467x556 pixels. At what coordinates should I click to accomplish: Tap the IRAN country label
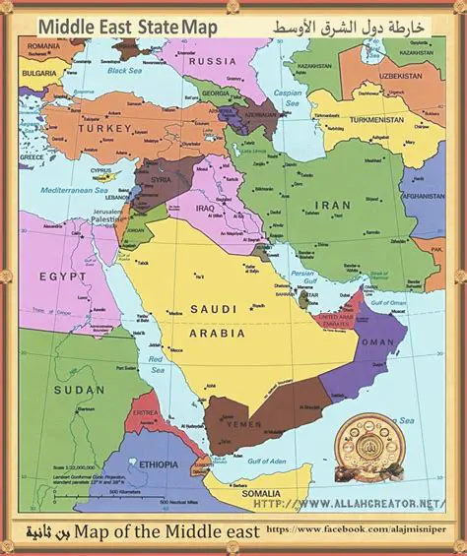coord(332,205)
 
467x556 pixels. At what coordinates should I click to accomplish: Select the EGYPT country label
coord(63,277)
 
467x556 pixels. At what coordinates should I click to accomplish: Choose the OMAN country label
coord(377,341)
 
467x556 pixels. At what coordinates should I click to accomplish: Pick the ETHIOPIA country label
coord(159,463)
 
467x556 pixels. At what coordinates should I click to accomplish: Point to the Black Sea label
coord(124,71)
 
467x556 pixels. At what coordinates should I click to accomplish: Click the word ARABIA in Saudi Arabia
coord(217,333)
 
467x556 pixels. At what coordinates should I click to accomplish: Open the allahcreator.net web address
coord(357,503)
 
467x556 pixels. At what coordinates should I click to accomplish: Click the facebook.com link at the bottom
coord(361,530)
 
